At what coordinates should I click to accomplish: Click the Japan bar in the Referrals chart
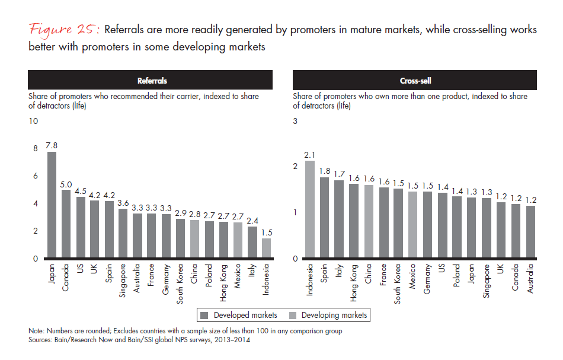point(52,205)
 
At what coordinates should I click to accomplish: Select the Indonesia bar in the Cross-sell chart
point(309,209)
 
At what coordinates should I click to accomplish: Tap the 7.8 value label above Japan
point(52,145)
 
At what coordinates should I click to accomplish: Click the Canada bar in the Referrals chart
point(66,224)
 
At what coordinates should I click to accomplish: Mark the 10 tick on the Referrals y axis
point(33,121)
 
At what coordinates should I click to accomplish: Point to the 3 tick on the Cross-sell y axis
point(296,121)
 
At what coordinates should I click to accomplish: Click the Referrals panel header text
point(150,79)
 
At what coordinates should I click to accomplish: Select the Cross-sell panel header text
point(415,79)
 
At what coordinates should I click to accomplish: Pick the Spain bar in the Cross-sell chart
point(324,217)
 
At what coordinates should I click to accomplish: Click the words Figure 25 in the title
point(63,30)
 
